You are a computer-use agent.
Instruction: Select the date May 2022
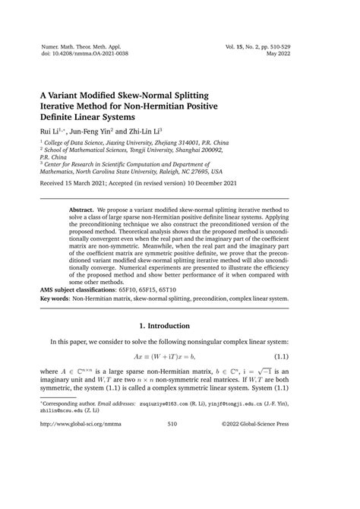tap(305, 54)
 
